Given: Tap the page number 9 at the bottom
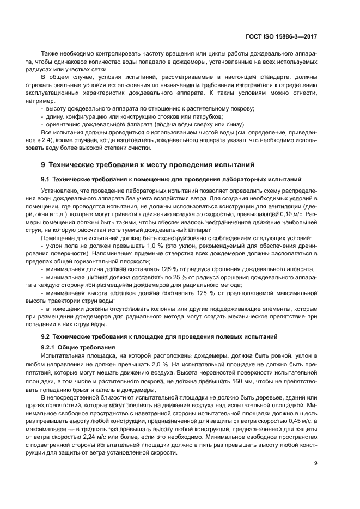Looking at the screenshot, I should coord(316,464).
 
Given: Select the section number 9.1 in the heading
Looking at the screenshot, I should coord(46,179).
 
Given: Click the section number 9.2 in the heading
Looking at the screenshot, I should coord(46,336).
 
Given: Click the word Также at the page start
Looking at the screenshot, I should coord(50,54).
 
